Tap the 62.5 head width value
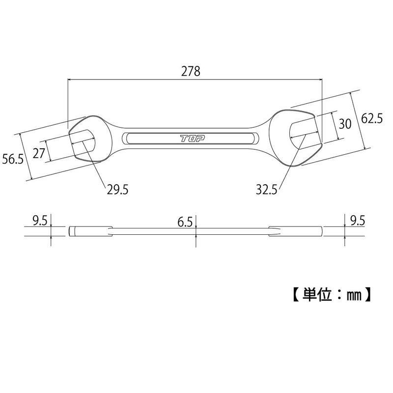[371, 119]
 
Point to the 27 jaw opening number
[38, 153]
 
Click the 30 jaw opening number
[345, 123]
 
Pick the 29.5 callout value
[117, 189]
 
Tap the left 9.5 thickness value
[39, 221]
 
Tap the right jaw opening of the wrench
[302, 130]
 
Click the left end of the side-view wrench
[71, 231]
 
